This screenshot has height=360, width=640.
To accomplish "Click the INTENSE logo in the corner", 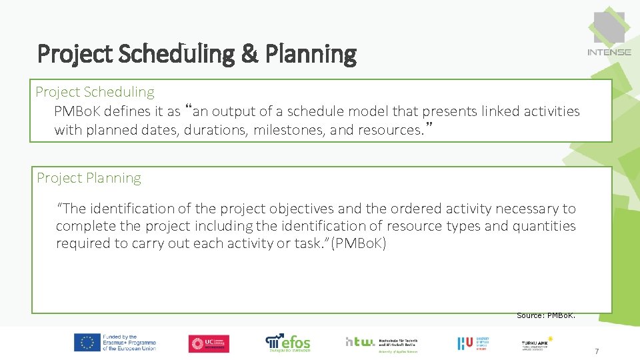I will coord(609,33).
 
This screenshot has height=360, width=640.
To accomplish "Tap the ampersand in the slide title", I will coord(249,54).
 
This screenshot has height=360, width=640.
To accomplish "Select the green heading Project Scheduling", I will coord(95,92).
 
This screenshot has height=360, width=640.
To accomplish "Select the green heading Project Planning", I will coord(89,178).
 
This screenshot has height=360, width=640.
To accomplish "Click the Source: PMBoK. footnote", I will coord(546,315).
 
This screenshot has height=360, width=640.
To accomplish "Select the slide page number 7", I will coord(597,351).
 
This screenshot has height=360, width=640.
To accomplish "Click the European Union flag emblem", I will coord(87,343).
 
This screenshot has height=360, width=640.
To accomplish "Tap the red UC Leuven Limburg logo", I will coord(209,343).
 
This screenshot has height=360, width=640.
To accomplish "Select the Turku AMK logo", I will coord(537,343).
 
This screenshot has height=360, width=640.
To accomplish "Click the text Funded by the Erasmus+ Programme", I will coord(130,343).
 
